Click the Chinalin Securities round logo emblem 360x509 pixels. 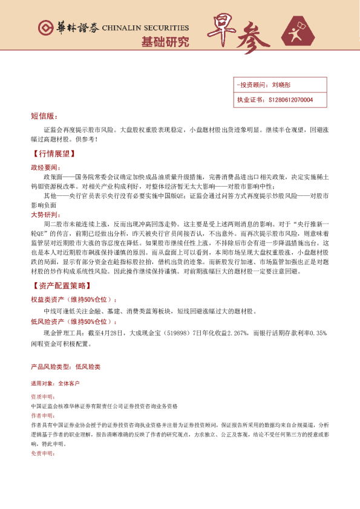pos(44,28)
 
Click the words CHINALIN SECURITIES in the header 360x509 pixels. pos(146,28)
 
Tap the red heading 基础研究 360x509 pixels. pos(165,42)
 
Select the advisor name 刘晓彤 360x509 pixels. pos(281,86)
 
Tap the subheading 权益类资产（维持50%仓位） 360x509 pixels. pos(74,299)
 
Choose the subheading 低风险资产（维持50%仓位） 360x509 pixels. pos(74,322)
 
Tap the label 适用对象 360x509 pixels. pos(41,383)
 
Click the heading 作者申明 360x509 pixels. pos(41,417)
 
